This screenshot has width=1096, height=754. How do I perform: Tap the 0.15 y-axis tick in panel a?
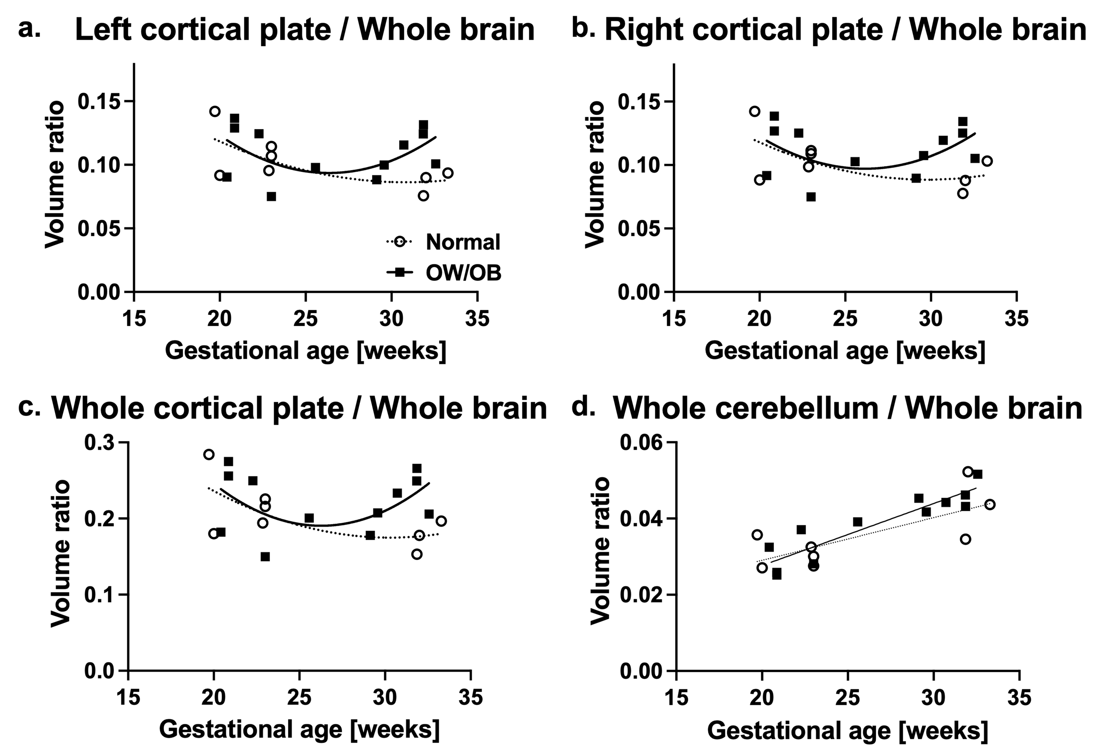tap(98, 101)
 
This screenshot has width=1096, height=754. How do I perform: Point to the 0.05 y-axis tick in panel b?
tap(638, 229)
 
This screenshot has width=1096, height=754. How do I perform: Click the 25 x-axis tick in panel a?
tap(306, 319)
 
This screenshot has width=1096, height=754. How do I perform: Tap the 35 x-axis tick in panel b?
tap(1016, 319)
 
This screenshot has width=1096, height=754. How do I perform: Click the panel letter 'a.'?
tap(29, 29)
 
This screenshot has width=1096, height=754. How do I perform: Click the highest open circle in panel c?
tap(209, 454)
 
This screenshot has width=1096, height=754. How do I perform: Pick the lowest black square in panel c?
tap(265, 557)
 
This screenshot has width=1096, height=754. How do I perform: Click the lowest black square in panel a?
tap(271, 196)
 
